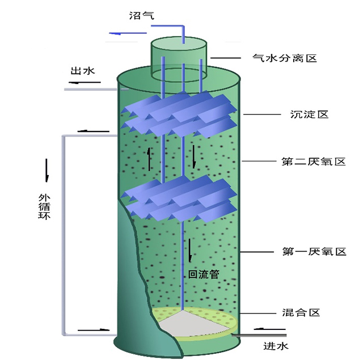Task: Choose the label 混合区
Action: coord(301,312)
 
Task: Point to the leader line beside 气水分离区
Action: coord(227,57)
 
